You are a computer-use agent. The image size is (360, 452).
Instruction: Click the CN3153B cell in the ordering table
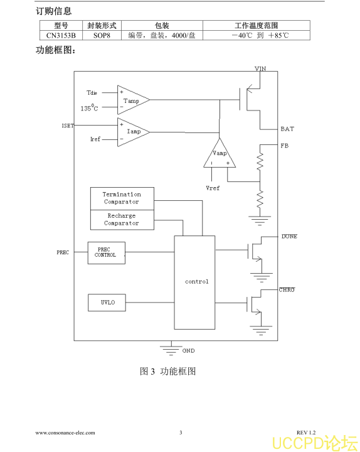pyautogui.click(x=61, y=35)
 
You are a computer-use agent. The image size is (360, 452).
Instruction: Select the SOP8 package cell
pyautogui.click(x=102, y=35)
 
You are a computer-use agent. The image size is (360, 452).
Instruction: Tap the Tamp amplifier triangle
pyautogui.click(x=133, y=100)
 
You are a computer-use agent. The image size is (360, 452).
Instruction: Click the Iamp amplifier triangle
pyautogui.click(x=133, y=132)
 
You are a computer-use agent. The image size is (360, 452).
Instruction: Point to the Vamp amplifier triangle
pyautogui.click(x=220, y=154)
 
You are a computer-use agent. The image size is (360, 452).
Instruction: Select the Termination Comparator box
pyautogui.click(x=122, y=198)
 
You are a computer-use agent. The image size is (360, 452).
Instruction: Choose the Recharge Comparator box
pyautogui.click(x=122, y=220)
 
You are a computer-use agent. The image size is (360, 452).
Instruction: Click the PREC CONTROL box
pyautogui.click(x=106, y=253)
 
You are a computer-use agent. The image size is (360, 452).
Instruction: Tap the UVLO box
pyautogui.click(x=107, y=303)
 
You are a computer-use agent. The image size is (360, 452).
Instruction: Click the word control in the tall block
pyautogui.click(x=196, y=281)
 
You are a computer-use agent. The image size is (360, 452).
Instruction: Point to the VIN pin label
pyautogui.click(x=260, y=68)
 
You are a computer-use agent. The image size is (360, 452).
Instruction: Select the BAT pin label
pyautogui.click(x=287, y=129)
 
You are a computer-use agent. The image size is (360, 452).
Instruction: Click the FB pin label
pyautogui.click(x=285, y=146)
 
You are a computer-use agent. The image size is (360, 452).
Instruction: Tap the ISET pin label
pyautogui.click(x=68, y=126)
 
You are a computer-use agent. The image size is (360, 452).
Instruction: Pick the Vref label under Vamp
pyautogui.click(x=213, y=188)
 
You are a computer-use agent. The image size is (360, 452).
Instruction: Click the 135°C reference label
pyautogui.click(x=89, y=108)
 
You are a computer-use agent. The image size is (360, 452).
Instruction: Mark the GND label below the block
pyautogui.click(x=188, y=350)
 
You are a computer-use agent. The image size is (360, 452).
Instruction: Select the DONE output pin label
pyautogui.click(x=289, y=237)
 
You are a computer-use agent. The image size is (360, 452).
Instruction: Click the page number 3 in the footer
pyautogui.click(x=181, y=433)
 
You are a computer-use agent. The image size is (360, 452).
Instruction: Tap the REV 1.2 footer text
pyautogui.click(x=306, y=433)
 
